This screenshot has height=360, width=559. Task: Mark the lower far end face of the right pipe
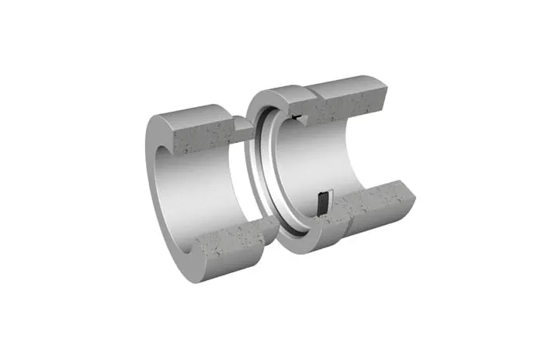[x=404, y=195]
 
